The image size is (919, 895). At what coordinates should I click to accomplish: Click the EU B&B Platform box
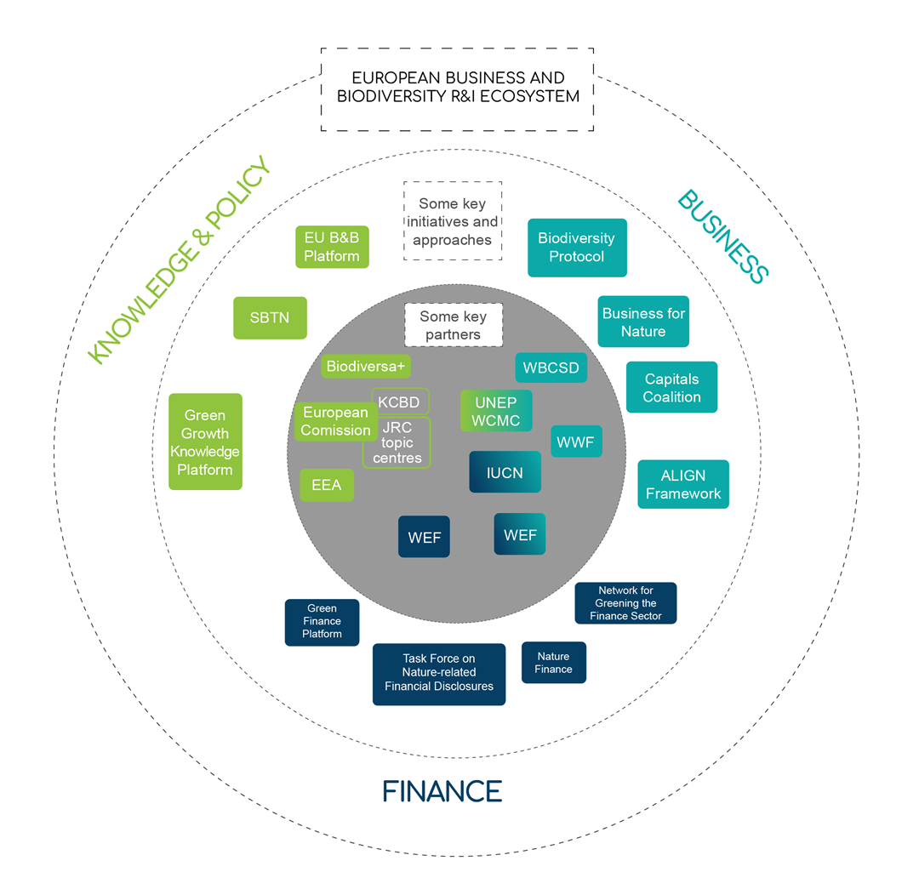click(x=332, y=247)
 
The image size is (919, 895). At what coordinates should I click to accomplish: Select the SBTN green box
click(x=270, y=318)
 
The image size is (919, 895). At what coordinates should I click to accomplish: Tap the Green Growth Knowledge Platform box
click(x=205, y=442)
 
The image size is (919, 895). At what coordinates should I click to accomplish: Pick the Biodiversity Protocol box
click(x=577, y=248)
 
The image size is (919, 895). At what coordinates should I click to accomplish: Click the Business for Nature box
click(x=643, y=322)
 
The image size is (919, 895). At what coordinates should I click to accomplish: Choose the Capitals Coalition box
click(x=671, y=387)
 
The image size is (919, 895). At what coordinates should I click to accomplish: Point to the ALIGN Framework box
click(x=683, y=484)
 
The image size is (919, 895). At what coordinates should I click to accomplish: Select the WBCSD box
click(x=551, y=368)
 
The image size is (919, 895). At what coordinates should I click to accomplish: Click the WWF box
click(x=576, y=442)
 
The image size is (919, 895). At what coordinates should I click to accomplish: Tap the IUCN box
click(x=505, y=472)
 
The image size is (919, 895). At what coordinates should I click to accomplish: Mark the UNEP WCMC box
click(x=496, y=411)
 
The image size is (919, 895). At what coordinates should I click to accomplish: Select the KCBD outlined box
click(x=400, y=402)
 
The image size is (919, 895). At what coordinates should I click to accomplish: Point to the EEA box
click(x=327, y=485)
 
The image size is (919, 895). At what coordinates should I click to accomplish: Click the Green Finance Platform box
click(x=322, y=622)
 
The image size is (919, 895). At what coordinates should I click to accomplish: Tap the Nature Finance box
click(x=553, y=662)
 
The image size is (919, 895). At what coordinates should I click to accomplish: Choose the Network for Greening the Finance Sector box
click(x=625, y=603)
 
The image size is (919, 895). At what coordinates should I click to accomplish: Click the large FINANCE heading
click(x=442, y=791)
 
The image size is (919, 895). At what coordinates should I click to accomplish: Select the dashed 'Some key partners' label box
click(x=453, y=325)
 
